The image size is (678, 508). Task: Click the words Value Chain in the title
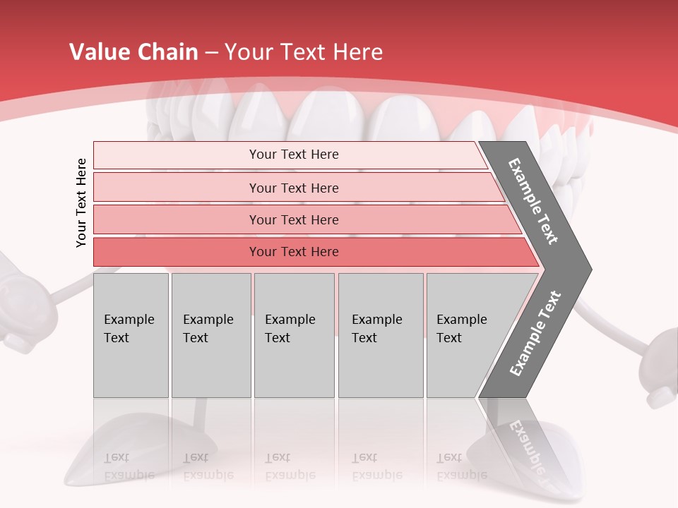point(133,52)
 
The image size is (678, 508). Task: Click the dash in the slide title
point(211,52)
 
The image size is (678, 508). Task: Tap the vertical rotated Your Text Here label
point(81,202)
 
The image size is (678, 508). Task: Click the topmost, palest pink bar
point(294,155)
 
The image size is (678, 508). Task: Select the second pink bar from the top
point(294,188)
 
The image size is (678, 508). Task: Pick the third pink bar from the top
point(294,219)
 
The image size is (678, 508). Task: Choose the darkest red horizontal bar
point(294,252)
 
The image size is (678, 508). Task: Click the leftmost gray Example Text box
point(131,335)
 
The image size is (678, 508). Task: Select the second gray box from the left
point(210,335)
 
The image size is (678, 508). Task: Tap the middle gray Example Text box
point(294,335)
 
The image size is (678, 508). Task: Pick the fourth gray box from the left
point(380,335)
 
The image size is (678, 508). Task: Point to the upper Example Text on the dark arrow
point(534,201)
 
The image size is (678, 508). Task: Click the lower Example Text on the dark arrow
point(535,333)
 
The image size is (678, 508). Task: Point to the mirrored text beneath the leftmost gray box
point(129,466)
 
